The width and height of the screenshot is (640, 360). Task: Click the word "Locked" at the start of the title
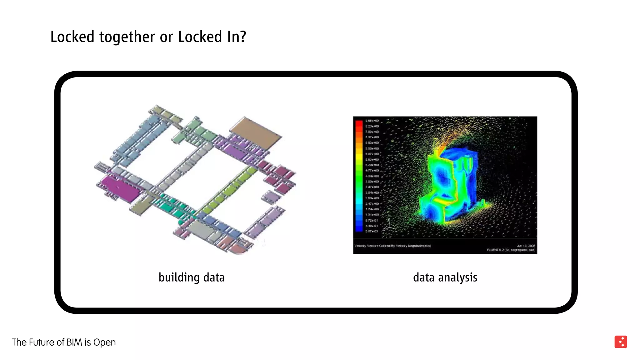point(72,37)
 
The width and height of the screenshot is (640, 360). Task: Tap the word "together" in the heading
point(127,37)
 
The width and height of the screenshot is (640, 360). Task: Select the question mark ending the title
point(243,37)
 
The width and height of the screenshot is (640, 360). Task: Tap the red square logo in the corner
point(620,342)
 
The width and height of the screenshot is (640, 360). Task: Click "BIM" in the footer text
point(74,342)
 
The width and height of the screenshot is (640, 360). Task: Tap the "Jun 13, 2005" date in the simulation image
point(526,246)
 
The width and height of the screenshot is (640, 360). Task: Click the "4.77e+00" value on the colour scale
point(372,171)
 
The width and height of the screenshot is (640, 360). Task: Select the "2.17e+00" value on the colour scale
point(372,204)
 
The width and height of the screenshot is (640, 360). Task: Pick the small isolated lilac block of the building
point(271,197)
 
